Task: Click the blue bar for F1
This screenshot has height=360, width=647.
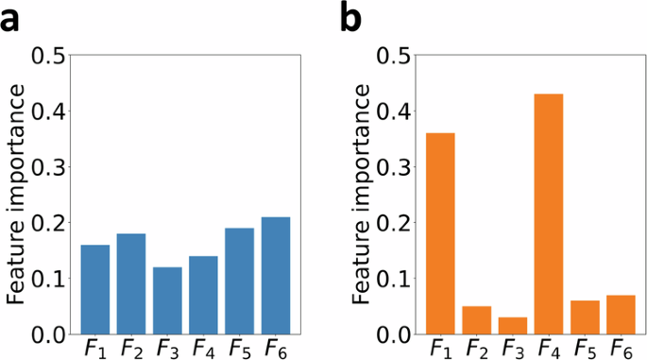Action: click(94, 290)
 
